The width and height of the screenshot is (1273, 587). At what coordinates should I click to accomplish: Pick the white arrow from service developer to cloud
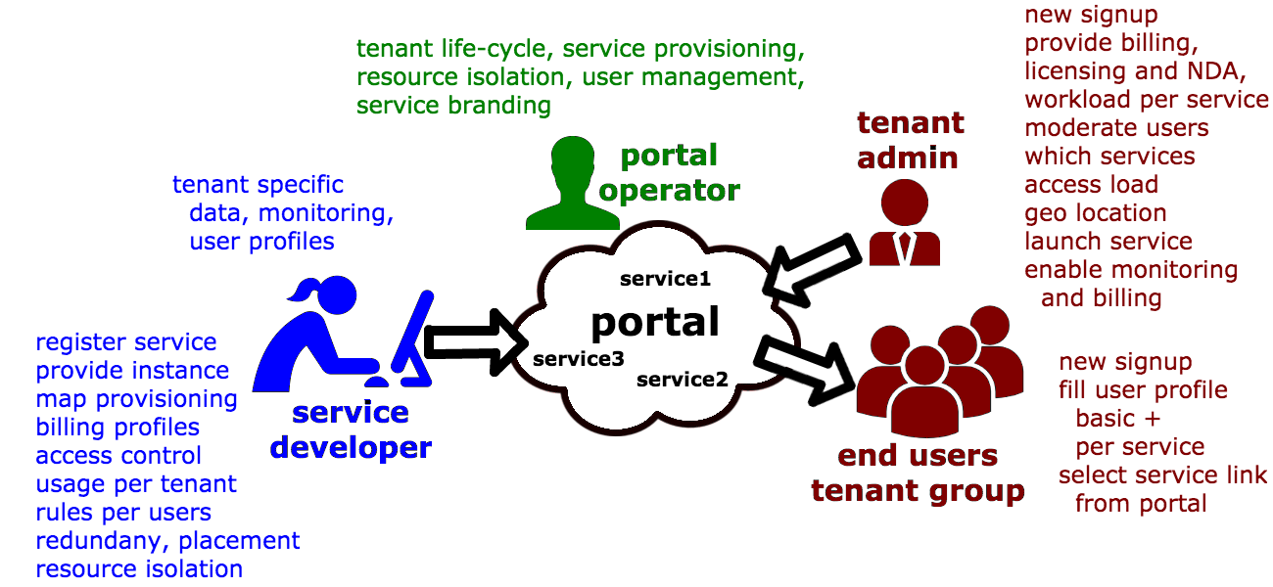point(473,341)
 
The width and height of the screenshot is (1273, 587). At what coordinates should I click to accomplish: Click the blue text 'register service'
point(126,342)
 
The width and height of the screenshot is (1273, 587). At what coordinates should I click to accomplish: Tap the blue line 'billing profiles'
point(118,428)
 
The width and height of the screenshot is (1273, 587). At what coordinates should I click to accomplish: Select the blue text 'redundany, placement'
point(167,541)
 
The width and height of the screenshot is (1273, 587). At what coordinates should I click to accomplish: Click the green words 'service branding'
point(453,106)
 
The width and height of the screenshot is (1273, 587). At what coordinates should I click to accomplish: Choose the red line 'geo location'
point(1095,213)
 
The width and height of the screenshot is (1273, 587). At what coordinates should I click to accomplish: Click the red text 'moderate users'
point(1116,128)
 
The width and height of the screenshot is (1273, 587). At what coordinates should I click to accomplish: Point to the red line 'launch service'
point(1108,242)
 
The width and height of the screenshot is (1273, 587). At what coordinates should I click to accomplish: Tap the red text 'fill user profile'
point(1143,390)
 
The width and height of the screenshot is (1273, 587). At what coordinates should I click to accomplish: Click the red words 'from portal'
point(1141,504)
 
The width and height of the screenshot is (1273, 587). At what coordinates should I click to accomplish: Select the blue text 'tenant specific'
point(259,185)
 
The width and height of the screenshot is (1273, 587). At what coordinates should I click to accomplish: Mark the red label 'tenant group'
point(918,491)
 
